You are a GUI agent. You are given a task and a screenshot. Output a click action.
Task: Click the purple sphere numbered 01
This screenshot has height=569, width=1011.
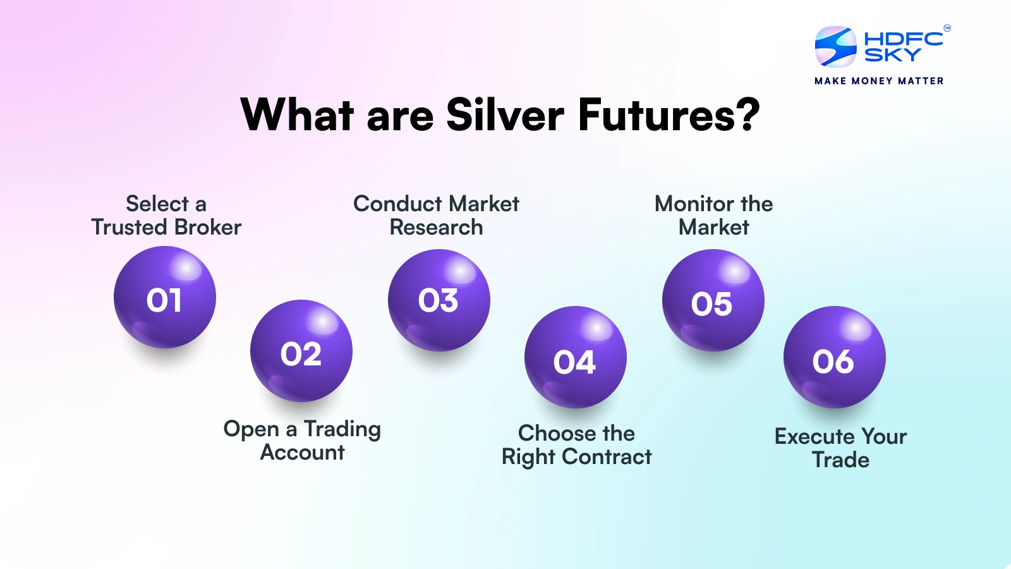pyautogui.click(x=165, y=297)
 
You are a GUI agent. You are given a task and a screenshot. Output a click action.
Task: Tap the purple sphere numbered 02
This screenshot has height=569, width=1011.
pyautogui.click(x=301, y=351)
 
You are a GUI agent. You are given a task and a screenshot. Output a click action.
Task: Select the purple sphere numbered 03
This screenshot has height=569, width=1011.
pyautogui.click(x=439, y=300)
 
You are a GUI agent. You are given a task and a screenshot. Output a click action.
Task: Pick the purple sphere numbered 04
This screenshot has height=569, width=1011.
pyautogui.click(x=575, y=357)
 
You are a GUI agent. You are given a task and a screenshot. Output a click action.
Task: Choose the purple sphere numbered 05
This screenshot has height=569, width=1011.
pyautogui.click(x=713, y=300)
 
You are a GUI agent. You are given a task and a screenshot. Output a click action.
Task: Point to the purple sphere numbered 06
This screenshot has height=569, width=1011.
pyautogui.click(x=834, y=357)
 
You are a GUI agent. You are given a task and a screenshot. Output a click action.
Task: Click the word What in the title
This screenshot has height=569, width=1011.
pyautogui.click(x=297, y=115)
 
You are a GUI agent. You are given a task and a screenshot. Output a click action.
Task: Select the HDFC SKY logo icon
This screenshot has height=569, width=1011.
pyautogui.click(x=835, y=46)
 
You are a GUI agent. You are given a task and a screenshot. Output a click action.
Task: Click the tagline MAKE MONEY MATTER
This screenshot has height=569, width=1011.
pyautogui.click(x=879, y=81)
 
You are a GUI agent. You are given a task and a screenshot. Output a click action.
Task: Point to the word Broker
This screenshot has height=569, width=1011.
pyautogui.click(x=208, y=227)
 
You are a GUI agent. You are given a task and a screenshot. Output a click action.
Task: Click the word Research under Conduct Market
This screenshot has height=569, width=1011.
pyautogui.click(x=436, y=227)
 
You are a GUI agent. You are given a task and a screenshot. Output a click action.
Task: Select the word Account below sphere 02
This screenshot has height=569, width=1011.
pyautogui.click(x=302, y=452)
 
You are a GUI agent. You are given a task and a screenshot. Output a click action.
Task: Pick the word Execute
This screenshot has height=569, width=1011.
pyautogui.click(x=814, y=436)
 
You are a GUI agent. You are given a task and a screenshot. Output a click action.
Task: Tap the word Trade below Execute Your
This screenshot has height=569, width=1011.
pyautogui.click(x=840, y=460)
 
